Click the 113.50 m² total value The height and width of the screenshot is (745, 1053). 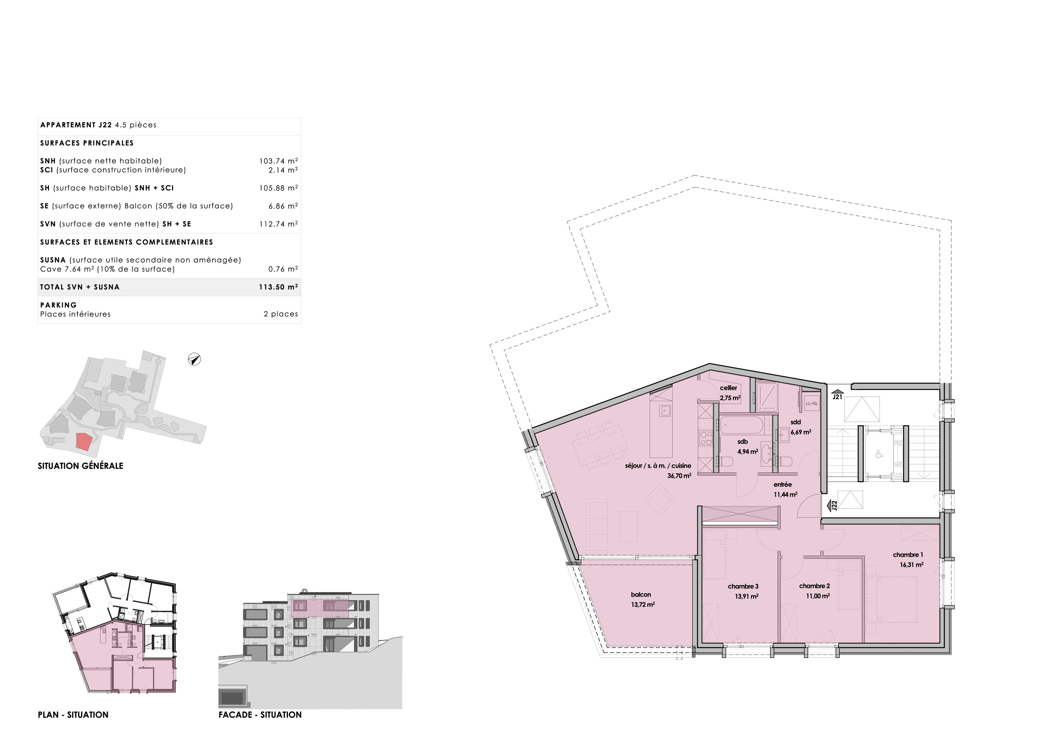click(278, 287)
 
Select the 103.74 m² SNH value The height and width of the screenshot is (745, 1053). click(278, 161)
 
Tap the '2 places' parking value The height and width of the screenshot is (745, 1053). click(281, 314)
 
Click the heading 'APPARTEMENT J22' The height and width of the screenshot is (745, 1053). click(76, 125)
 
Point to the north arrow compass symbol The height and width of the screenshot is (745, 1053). click(195, 359)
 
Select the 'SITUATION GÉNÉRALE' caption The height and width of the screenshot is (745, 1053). click(80, 466)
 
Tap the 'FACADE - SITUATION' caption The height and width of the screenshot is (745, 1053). click(260, 715)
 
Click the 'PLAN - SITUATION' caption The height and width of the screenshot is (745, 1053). click(73, 715)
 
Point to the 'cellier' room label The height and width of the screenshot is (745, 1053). click(728, 388)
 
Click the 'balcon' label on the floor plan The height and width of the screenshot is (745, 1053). click(641, 594)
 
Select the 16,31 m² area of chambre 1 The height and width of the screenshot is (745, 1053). click(911, 565)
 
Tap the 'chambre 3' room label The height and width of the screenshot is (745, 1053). click(743, 586)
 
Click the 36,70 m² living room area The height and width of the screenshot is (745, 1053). click(679, 476)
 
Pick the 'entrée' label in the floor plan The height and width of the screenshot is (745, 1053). click(782, 484)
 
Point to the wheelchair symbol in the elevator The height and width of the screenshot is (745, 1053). click(879, 454)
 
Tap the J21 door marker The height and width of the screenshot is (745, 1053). click(837, 396)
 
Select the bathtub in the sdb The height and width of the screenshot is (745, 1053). click(741, 425)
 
